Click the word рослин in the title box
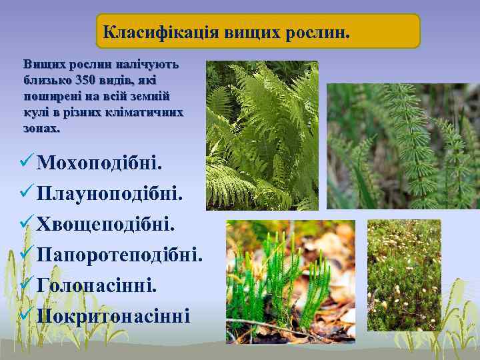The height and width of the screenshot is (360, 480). point(315,31)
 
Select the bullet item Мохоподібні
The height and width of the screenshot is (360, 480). point(100,163)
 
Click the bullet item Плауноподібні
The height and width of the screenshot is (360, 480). point(110,193)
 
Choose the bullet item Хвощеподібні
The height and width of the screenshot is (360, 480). point(107,224)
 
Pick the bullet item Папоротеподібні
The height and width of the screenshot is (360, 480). point(120,254)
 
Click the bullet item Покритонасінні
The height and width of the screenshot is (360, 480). point(113,315)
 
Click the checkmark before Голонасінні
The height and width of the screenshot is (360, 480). point(27,285)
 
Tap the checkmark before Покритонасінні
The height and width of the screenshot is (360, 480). point(27,315)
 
